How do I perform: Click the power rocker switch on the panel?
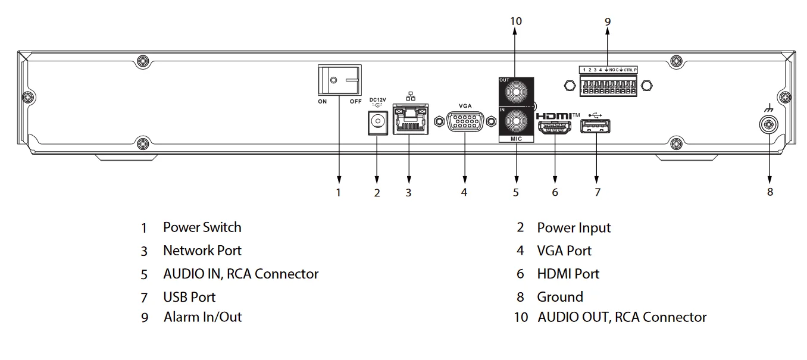click(x=339, y=80)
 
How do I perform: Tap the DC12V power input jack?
click(x=376, y=123)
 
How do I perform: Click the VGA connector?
click(x=465, y=122)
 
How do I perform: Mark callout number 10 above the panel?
click(x=516, y=21)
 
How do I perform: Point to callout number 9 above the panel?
click(x=608, y=21)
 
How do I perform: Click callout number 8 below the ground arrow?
click(x=770, y=192)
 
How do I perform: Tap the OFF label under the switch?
click(x=355, y=102)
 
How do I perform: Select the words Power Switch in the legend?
click(x=202, y=227)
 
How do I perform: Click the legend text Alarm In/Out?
click(x=202, y=317)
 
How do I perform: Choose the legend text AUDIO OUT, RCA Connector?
click(x=622, y=317)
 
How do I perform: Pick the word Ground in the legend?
click(x=559, y=297)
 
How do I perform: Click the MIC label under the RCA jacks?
click(x=516, y=139)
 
